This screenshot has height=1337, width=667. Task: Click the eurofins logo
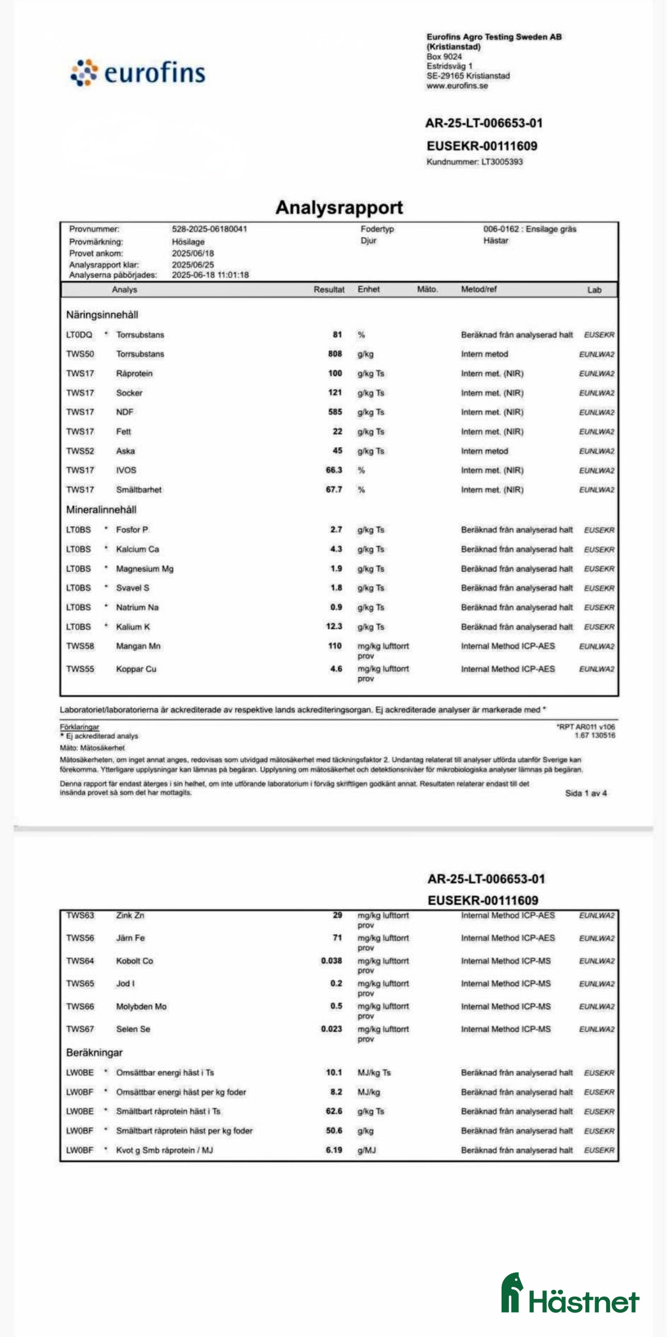[x=138, y=73]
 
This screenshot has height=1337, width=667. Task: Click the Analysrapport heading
[x=339, y=207]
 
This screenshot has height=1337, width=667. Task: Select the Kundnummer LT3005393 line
[x=475, y=162]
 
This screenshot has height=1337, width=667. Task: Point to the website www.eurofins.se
[x=457, y=86]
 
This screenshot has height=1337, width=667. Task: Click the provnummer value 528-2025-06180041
[x=209, y=229]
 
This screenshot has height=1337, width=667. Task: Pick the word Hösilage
[x=188, y=242]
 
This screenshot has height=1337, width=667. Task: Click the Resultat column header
[x=328, y=289]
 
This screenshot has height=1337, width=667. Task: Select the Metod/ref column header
[x=479, y=289]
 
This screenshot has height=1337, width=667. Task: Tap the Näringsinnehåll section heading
[x=102, y=315]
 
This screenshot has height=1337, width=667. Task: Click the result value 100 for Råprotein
[x=335, y=373]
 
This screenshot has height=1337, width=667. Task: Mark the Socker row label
[x=129, y=393]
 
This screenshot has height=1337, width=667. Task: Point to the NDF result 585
[x=335, y=412]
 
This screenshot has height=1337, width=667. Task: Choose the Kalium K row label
[x=133, y=627]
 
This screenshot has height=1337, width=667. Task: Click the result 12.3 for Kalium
[x=334, y=626]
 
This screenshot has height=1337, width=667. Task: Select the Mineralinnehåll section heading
[x=101, y=510]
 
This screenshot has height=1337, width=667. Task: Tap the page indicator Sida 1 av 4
[x=585, y=793]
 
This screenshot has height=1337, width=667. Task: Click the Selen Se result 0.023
[x=331, y=1028]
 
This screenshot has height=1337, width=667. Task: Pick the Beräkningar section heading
[x=94, y=1053]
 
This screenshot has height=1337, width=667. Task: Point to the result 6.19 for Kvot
[x=334, y=1149]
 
